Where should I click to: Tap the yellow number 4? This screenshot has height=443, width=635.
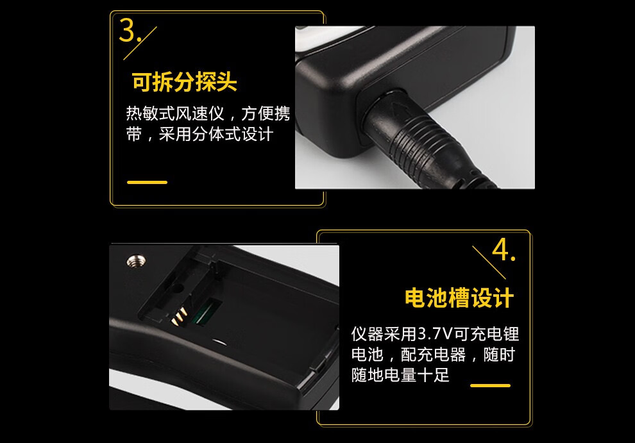point(500,250)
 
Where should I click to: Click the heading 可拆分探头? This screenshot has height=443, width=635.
point(184,82)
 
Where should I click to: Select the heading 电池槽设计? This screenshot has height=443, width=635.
point(459,298)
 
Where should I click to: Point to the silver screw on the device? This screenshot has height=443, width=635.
point(137,260)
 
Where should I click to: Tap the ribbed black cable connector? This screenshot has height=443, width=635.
point(429,144)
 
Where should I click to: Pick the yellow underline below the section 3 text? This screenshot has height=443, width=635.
point(147,182)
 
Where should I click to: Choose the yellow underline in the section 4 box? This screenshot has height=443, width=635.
point(490,385)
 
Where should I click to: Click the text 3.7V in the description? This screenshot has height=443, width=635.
point(435,334)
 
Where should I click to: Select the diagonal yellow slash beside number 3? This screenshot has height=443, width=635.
point(140,44)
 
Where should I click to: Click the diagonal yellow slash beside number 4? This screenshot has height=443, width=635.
point(489,262)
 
